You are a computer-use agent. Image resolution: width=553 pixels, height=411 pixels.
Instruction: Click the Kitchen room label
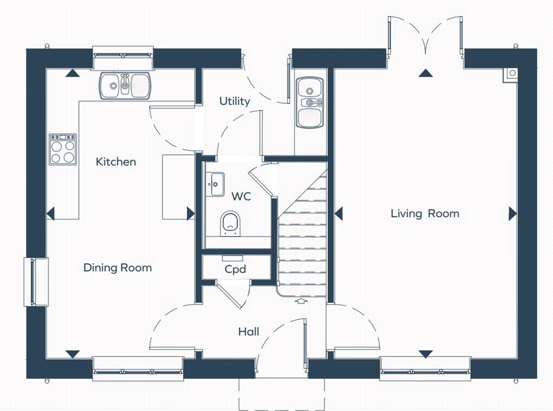click(116, 161)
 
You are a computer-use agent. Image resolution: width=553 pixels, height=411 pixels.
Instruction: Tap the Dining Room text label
click(117, 267)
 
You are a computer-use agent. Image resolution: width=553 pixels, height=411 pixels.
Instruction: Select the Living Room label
click(424, 213)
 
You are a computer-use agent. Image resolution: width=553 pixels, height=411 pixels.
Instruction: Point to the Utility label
click(234, 101)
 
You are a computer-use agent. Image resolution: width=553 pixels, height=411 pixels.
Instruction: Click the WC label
click(241, 196)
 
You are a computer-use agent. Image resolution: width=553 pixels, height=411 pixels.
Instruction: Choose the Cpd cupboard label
click(235, 269)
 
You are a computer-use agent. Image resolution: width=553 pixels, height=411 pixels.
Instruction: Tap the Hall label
click(248, 331)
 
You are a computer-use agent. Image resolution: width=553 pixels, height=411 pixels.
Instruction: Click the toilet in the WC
click(230, 223)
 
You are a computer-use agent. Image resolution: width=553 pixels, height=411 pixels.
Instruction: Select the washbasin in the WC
click(215, 184)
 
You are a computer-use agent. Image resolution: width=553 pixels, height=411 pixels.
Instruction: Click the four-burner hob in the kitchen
click(63, 149)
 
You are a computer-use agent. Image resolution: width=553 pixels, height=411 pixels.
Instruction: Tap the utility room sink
click(309, 102)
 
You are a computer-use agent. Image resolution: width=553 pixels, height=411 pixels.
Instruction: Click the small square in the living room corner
click(510, 73)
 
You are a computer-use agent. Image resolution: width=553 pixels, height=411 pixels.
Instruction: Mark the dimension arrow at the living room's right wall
click(512, 214)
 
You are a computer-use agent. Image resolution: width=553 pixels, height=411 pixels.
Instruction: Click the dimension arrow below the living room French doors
click(426, 72)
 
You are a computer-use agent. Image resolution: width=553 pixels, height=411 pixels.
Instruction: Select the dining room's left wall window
click(36, 281)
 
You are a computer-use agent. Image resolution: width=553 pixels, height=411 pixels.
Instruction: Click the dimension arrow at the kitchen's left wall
click(51, 214)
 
